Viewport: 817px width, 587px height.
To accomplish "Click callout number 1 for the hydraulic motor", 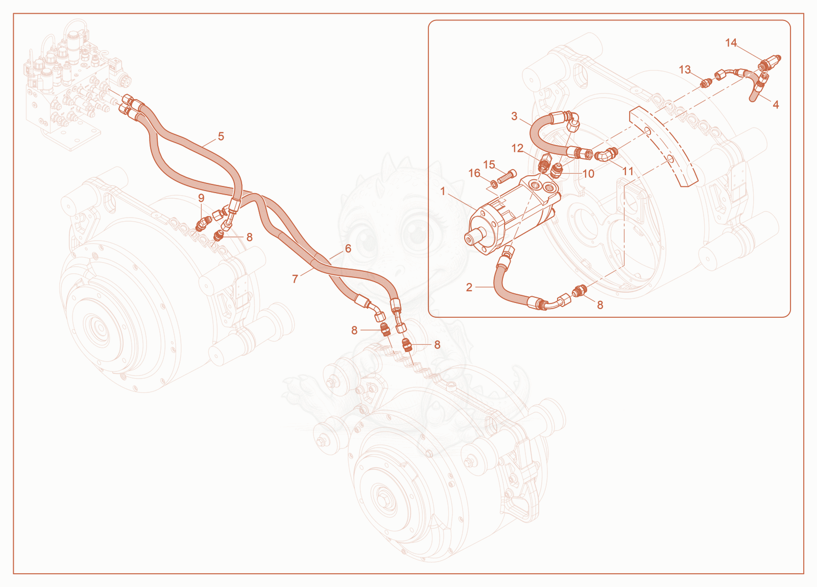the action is tap(443, 191).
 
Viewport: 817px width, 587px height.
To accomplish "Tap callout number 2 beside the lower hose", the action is tap(469, 288).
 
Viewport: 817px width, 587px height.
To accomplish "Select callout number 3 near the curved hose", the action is tap(514, 116).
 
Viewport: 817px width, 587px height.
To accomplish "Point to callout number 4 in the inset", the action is tap(776, 105).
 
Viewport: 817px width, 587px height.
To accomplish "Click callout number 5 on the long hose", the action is tap(221, 136).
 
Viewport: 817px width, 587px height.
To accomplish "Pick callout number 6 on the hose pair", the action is tap(348, 248).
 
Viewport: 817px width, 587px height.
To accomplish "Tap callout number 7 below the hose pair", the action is tap(295, 279).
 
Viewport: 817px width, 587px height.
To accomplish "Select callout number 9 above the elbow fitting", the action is tap(201, 198).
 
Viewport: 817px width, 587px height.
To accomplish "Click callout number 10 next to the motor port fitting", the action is tap(588, 174).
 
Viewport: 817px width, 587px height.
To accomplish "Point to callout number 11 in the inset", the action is tap(628, 171).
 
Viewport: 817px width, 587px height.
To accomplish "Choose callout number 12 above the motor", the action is tap(518, 148).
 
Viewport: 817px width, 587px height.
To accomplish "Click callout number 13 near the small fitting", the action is tap(685, 69).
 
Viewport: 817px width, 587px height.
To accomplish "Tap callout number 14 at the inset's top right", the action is tap(731, 43).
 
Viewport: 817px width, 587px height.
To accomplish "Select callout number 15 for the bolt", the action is tap(489, 165).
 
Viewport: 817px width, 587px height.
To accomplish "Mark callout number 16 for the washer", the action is tap(474, 173).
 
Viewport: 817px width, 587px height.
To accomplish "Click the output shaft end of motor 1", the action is tap(469, 239).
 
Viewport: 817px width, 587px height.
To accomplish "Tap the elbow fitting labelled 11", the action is tap(605, 154).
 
